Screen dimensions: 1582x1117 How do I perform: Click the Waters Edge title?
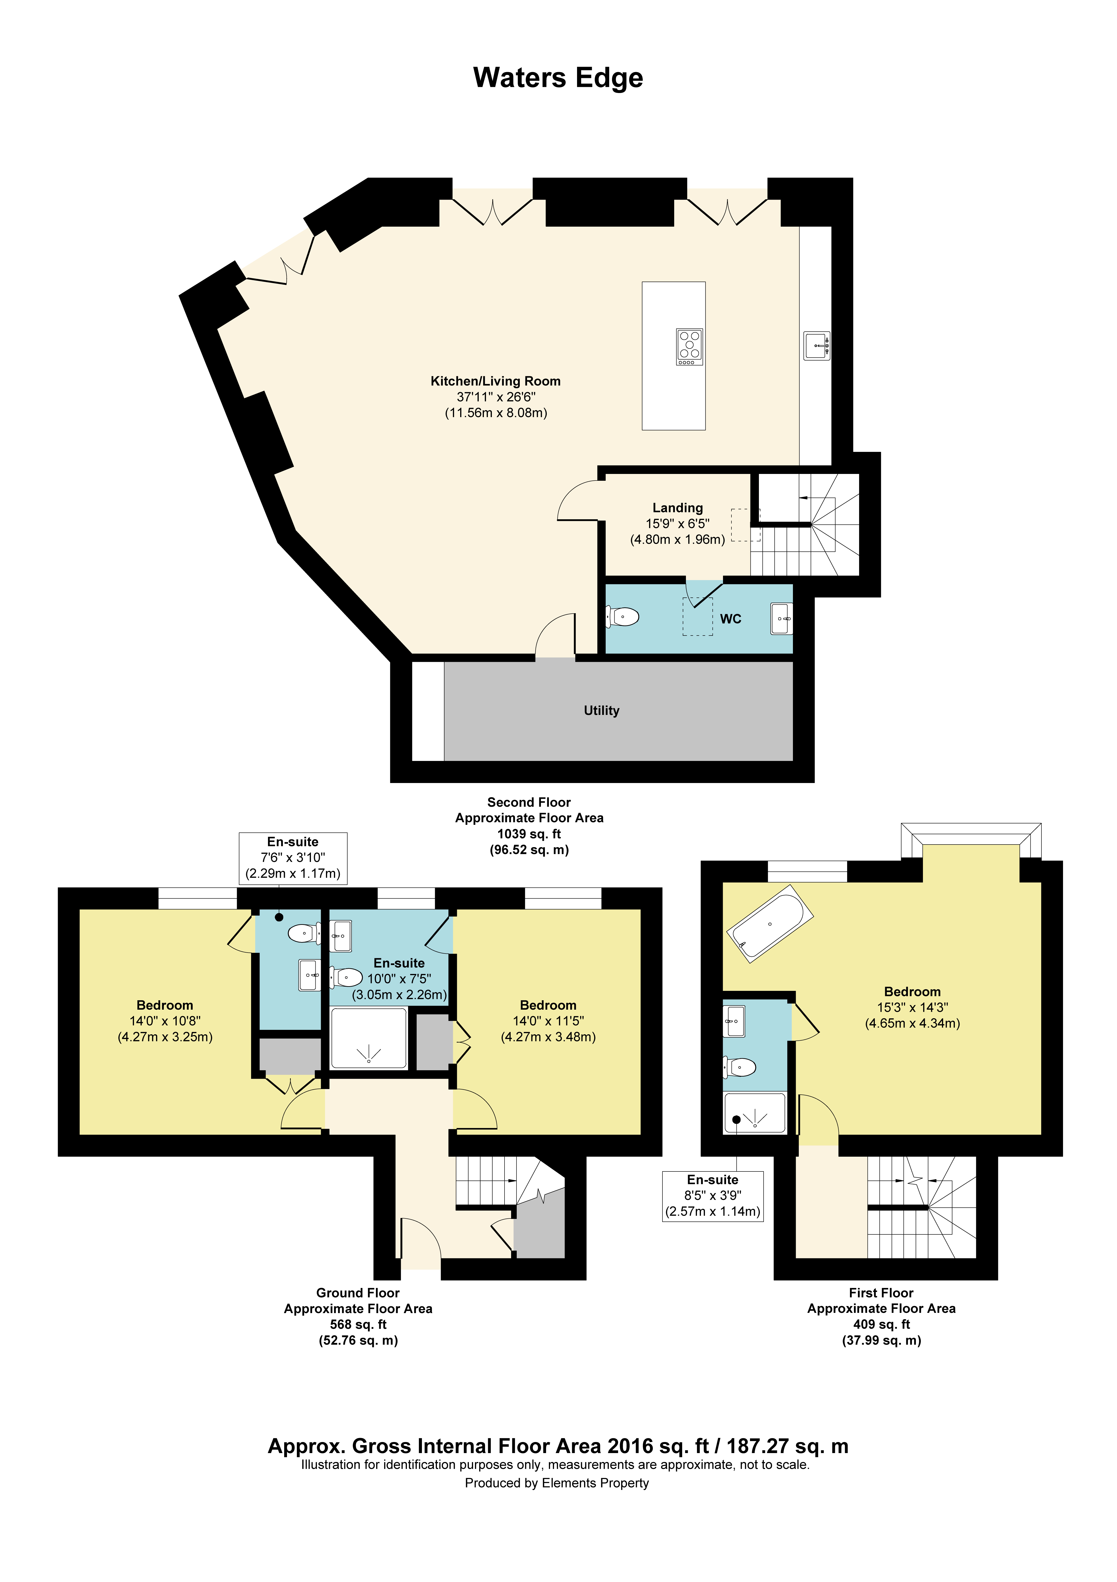[558, 78]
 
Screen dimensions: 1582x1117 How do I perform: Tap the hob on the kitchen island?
[689, 347]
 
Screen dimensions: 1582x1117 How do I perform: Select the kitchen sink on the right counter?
[817, 345]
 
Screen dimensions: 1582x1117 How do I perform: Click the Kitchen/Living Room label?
[495, 381]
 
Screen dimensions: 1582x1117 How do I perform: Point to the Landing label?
[678, 508]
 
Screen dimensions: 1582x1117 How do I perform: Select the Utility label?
[601, 710]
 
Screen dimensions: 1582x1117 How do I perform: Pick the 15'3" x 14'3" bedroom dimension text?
[912, 1007]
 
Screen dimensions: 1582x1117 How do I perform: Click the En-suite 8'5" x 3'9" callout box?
[713, 1196]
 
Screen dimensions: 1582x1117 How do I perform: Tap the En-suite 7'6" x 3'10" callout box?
[293, 858]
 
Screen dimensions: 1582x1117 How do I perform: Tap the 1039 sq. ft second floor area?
[529, 834]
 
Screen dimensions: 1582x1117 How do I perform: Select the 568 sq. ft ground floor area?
[358, 1324]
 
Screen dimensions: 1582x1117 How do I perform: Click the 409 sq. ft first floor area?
[881, 1324]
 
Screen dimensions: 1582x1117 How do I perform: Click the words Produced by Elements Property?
[556, 1483]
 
